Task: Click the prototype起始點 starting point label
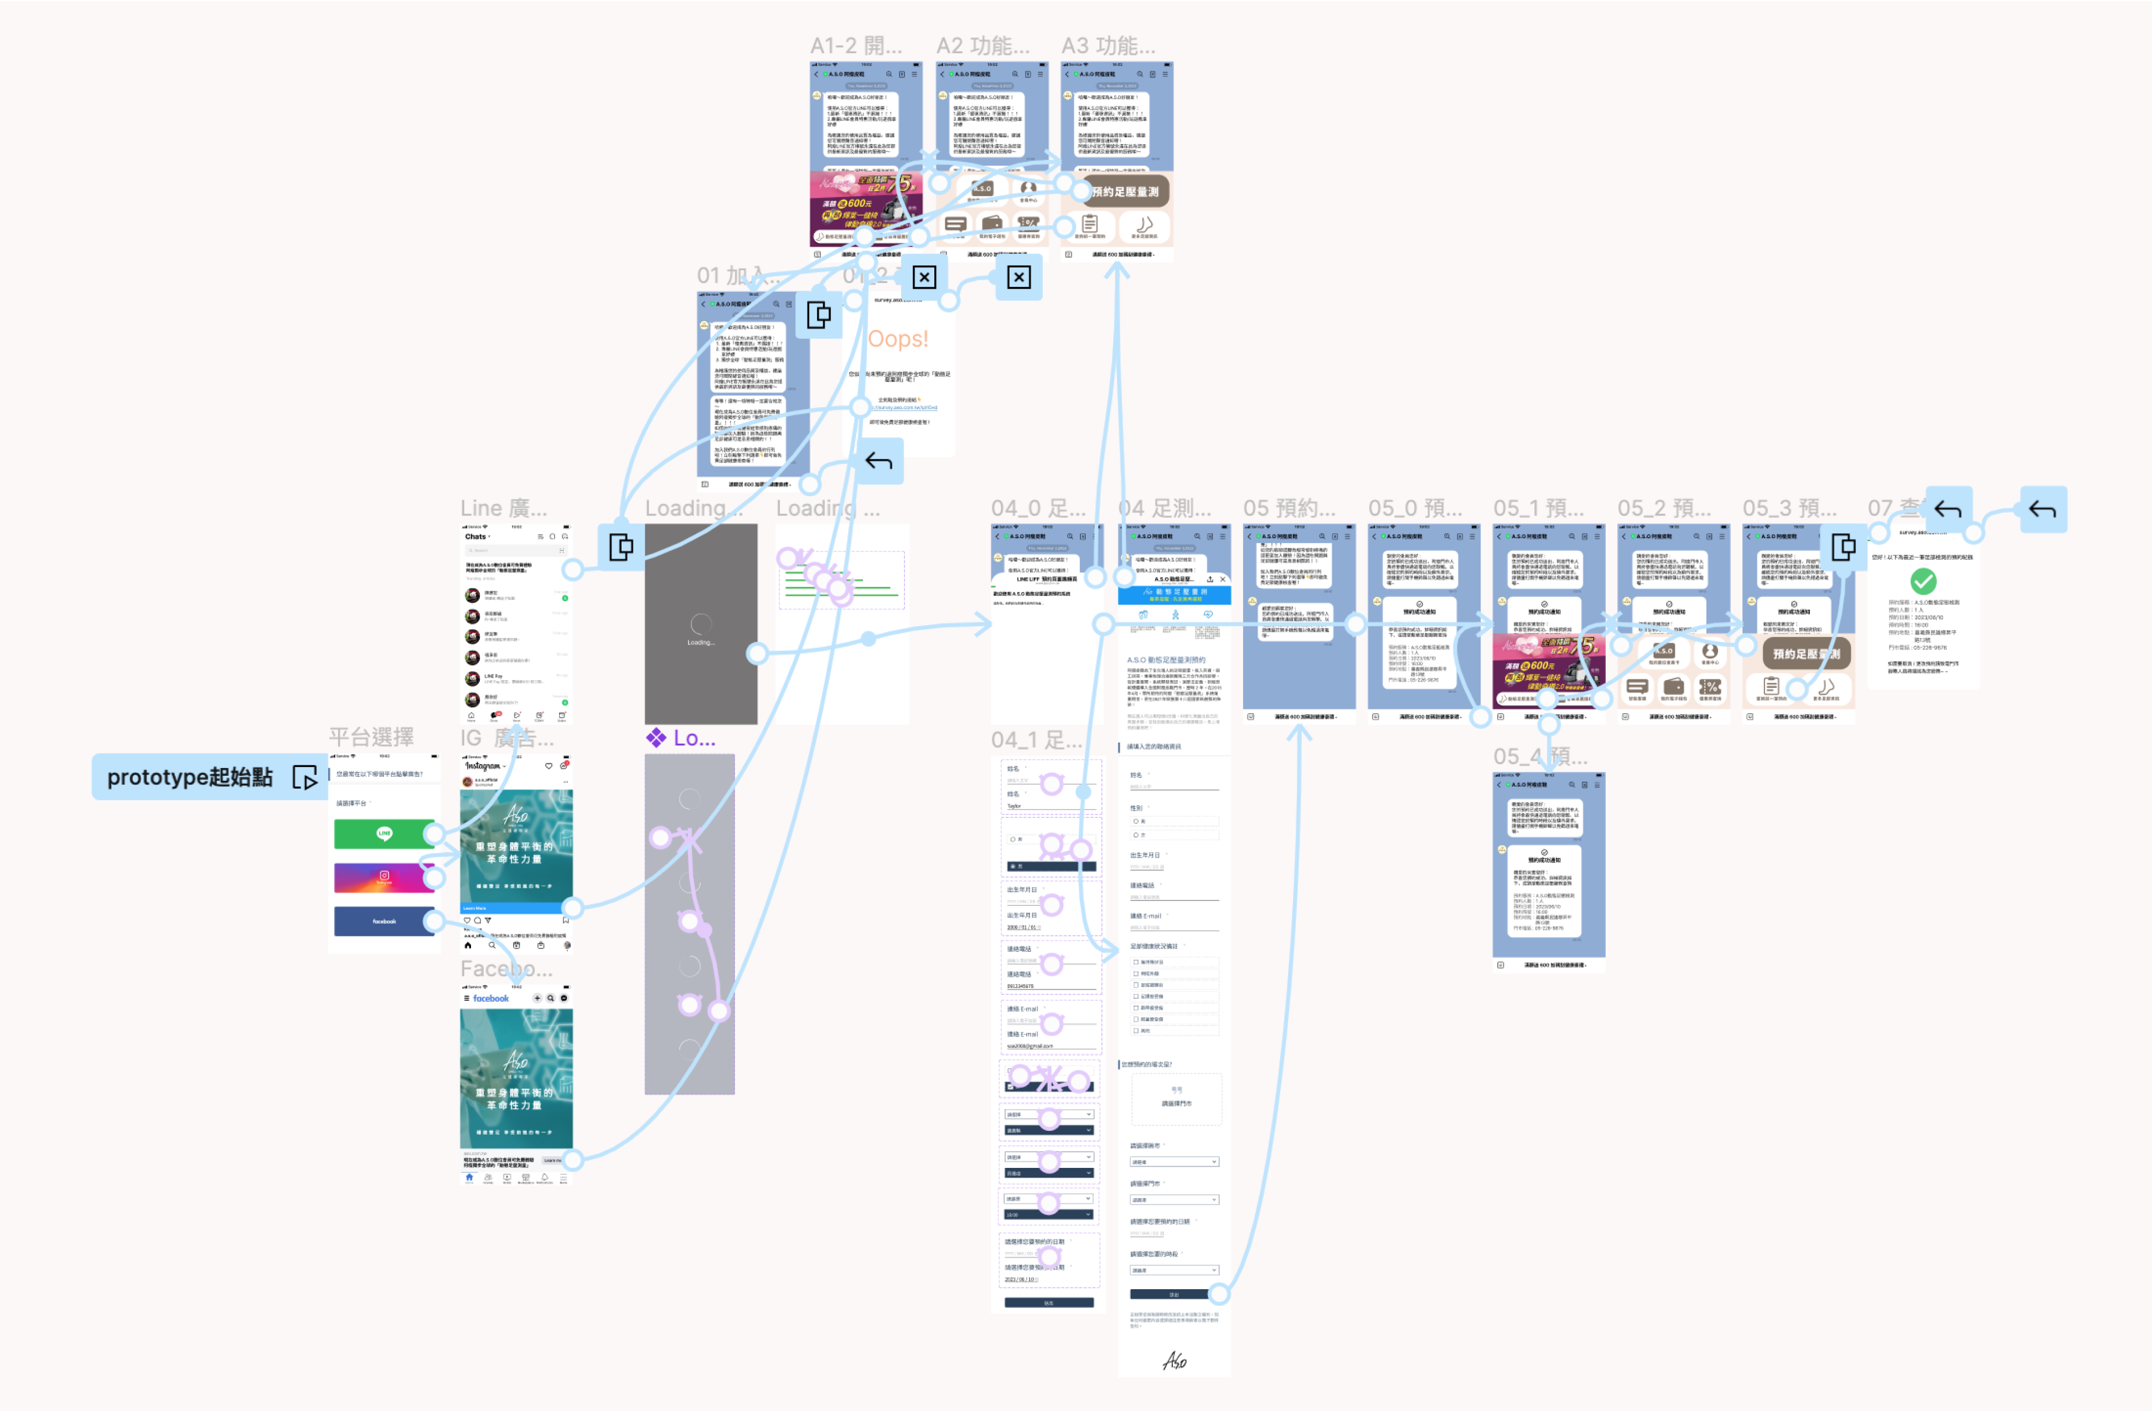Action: coord(190,777)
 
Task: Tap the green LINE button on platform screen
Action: coord(384,833)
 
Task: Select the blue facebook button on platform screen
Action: coord(384,921)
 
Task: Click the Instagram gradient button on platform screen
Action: coord(384,877)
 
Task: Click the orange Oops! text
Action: coord(897,338)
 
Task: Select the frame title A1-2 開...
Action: coord(855,45)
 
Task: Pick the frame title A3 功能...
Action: coord(1108,45)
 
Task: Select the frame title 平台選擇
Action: coord(371,737)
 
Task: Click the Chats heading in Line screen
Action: coord(475,537)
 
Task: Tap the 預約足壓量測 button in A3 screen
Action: coord(1124,191)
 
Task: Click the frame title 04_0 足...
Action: coord(1038,508)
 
